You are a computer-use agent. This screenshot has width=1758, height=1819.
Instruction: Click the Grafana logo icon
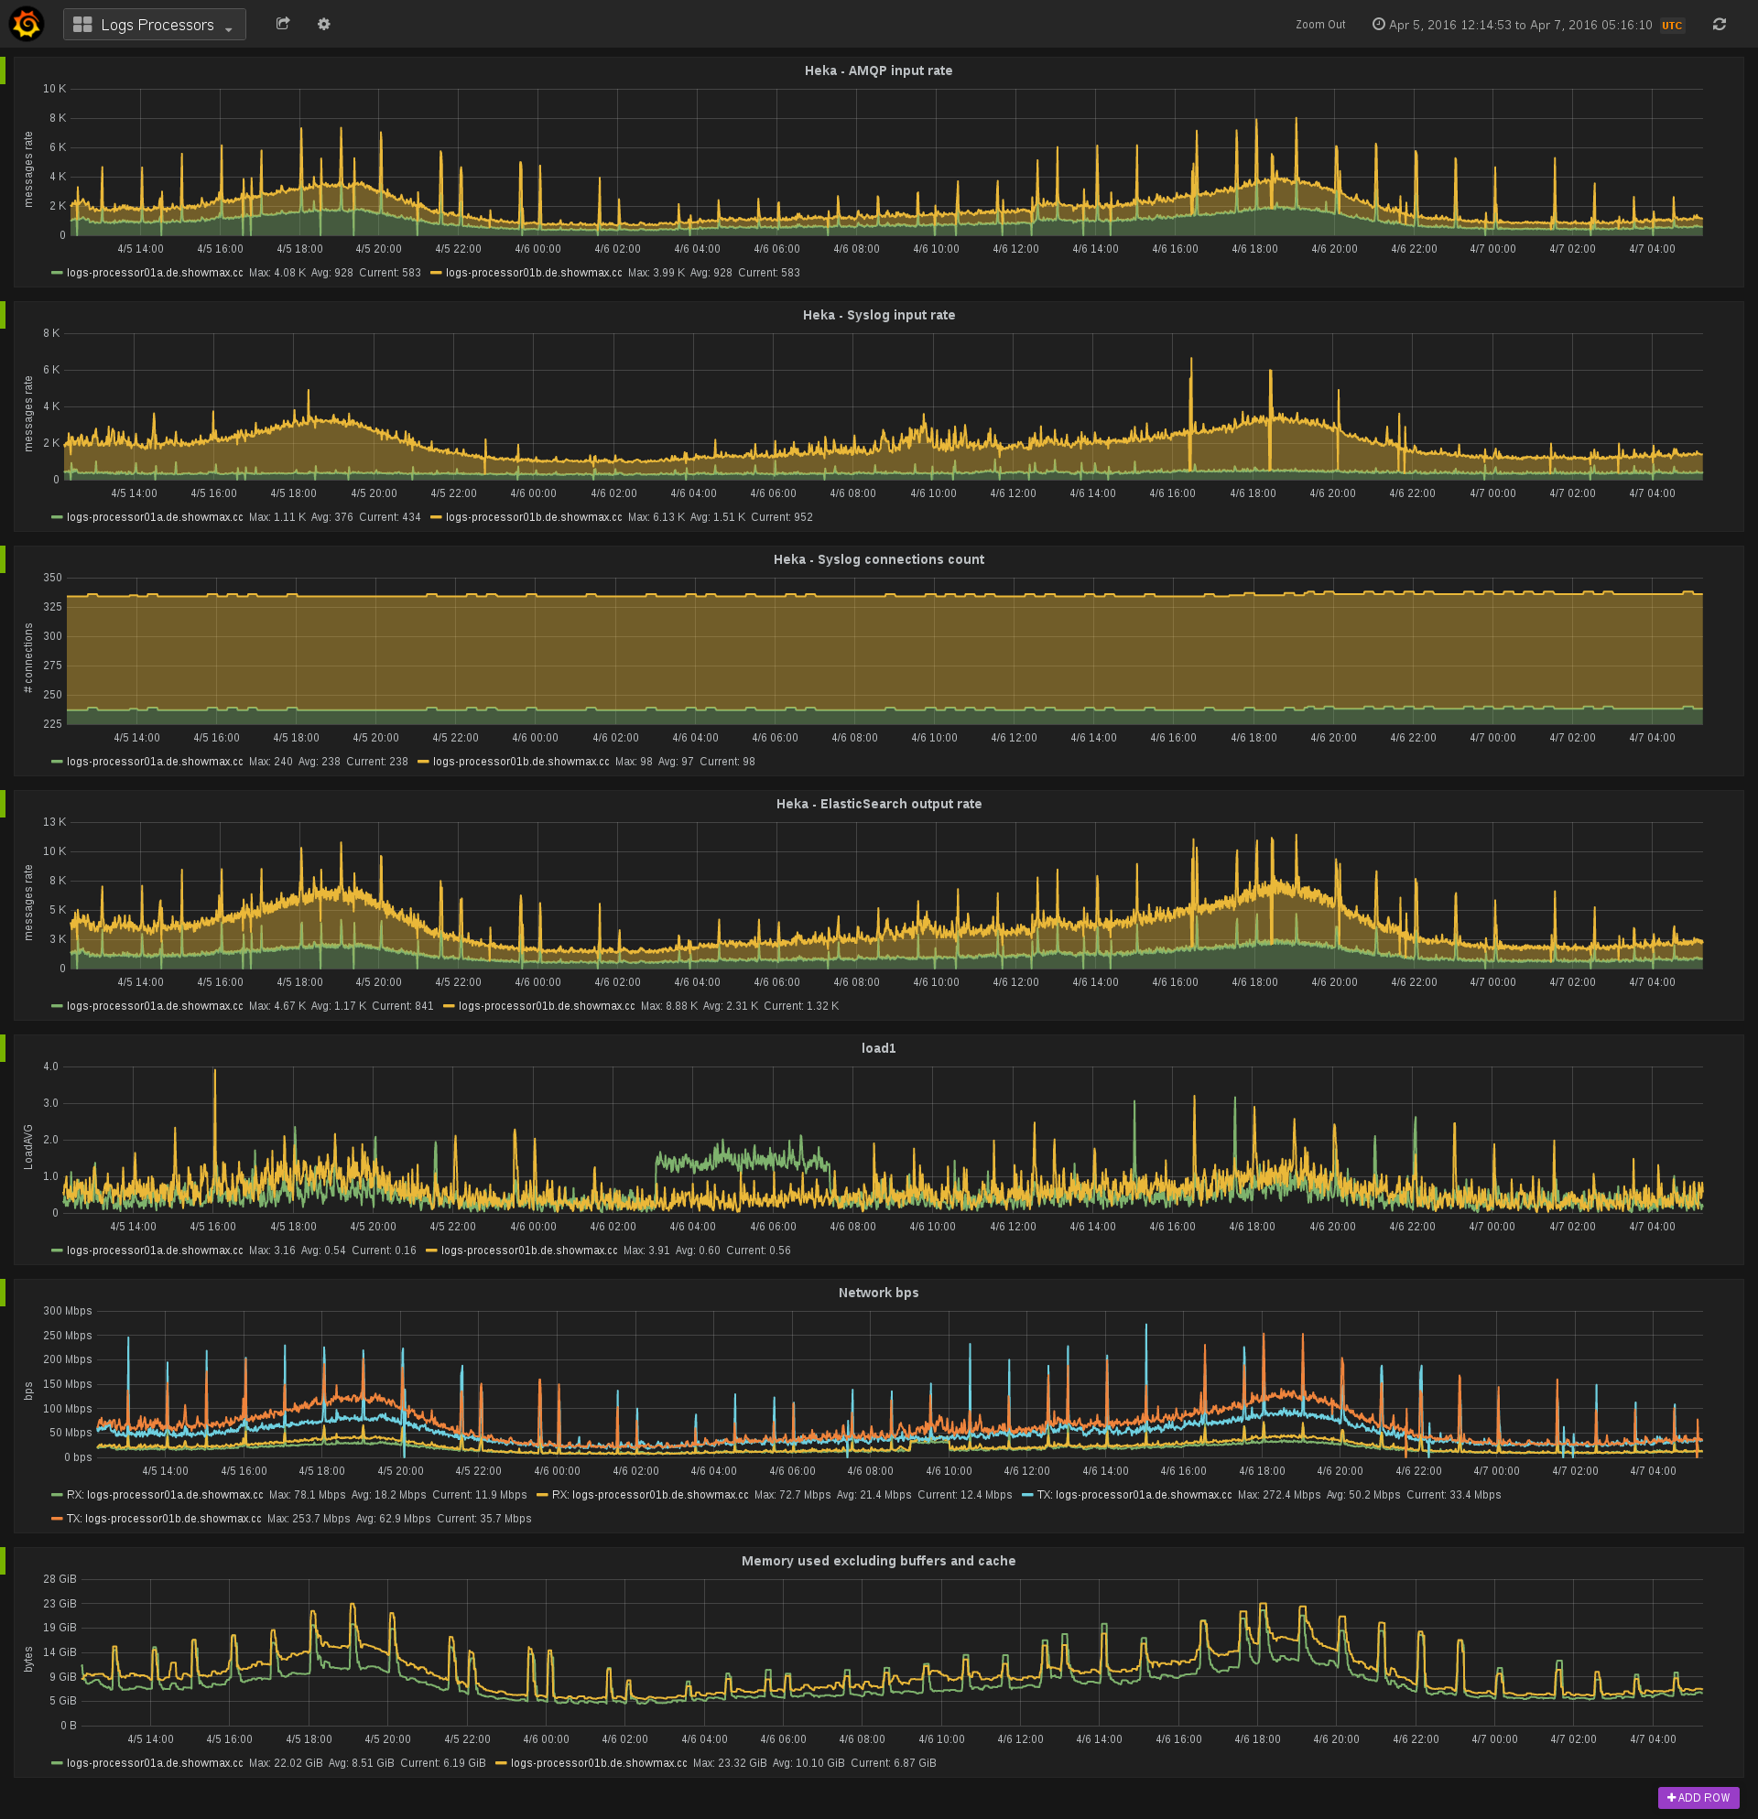click(26, 24)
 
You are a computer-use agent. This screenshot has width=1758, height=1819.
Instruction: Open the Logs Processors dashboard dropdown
click(155, 25)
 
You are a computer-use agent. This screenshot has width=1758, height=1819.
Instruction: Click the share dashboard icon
click(283, 24)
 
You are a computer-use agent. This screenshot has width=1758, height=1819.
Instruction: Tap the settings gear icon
click(324, 24)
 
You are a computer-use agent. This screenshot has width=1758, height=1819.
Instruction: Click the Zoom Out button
click(1320, 25)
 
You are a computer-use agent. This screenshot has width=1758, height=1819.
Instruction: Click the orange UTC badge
click(1672, 26)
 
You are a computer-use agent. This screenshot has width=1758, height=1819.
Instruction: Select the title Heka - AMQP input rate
click(878, 70)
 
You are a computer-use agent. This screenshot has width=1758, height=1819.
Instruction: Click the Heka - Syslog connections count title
click(878, 559)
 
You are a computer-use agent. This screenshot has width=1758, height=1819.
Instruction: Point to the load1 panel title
click(878, 1049)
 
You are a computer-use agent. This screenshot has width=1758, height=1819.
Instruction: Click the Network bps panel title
click(878, 1293)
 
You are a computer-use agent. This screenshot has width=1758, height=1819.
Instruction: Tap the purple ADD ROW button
click(1698, 1798)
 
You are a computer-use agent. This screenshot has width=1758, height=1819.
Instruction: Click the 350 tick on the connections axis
click(52, 579)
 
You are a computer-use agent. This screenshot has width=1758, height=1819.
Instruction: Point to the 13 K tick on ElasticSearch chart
click(55, 822)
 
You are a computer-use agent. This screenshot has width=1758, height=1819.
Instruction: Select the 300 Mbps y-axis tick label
click(67, 1311)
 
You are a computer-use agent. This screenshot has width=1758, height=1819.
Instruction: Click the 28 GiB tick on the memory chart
click(60, 1578)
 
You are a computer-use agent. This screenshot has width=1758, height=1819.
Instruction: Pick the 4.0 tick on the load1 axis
click(51, 1067)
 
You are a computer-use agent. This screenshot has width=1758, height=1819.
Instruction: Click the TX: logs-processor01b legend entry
click(163, 1519)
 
